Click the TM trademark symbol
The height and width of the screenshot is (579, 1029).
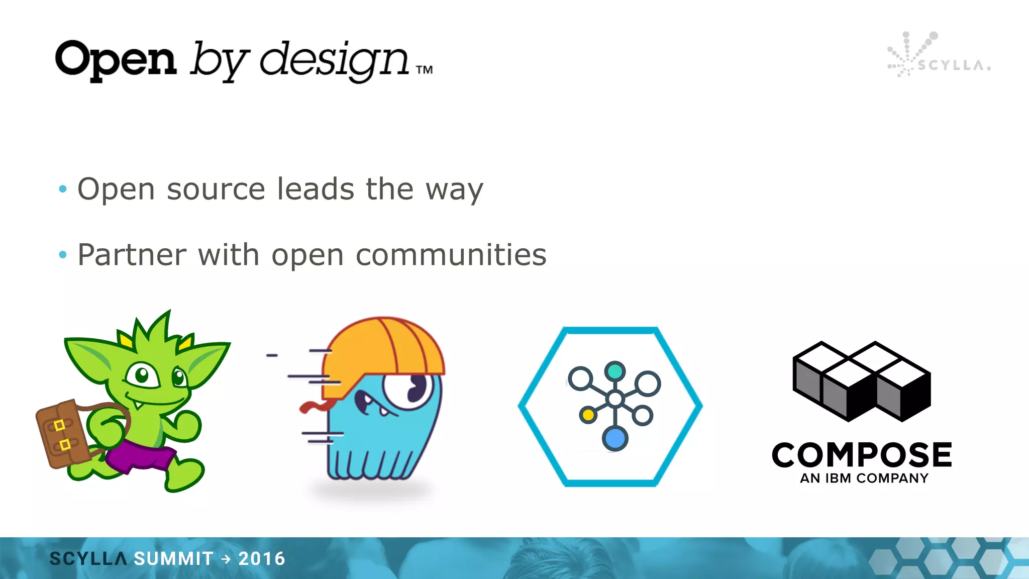(x=425, y=70)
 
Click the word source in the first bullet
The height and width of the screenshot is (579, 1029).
(x=216, y=189)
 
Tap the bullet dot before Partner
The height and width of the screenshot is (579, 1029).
(x=63, y=255)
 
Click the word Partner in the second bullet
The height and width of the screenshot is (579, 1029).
(x=132, y=255)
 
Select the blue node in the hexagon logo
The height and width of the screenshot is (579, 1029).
(x=615, y=438)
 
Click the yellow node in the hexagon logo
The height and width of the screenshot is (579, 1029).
(x=587, y=415)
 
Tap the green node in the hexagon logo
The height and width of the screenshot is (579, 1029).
(x=615, y=371)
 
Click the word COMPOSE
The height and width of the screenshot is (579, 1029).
(x=862, y=455)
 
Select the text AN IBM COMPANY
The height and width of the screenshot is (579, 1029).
(x=864, y=478)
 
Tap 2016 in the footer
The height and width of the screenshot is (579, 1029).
(x=262, y=558)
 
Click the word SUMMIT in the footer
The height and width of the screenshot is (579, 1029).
(x=174, y=558)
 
